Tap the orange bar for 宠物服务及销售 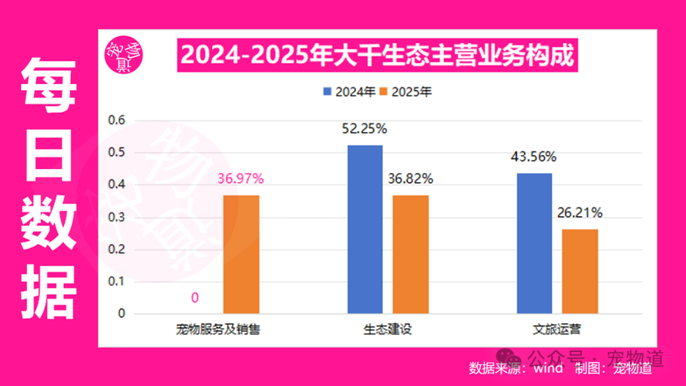[x=241, y=254]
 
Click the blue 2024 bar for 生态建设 [x=365, y=229]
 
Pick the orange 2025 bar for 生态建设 [x=410, y=254]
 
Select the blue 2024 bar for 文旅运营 [x=534, y=243]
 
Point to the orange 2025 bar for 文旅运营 [x=580, y=271]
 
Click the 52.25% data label [x=365, y=129]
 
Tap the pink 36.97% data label [x=241, y=179]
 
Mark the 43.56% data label [x=533, y=157]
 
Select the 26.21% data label [x=580, y=212]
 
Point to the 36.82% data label [x=410, y=179]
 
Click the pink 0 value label [x=195, y=298]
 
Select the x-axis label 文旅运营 [x=557, y=330]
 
